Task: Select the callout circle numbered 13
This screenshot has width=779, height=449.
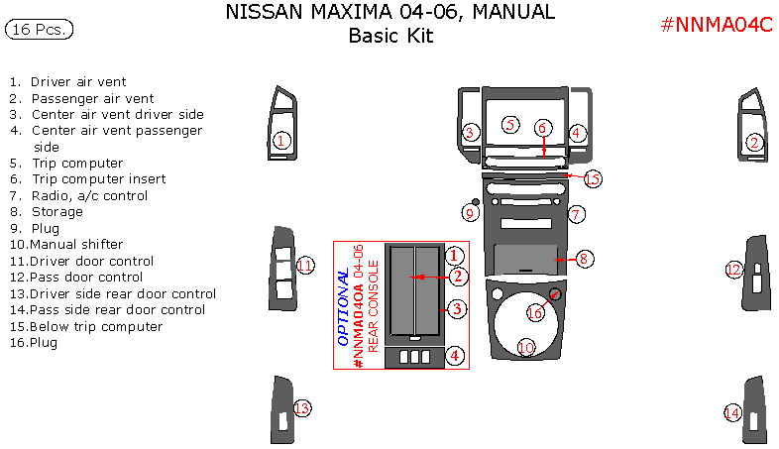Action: point(302,408)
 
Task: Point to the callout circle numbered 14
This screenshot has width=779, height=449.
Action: point(732,412)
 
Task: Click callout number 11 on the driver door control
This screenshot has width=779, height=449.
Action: point(305,266)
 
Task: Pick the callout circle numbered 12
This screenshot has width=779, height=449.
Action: point(734,269)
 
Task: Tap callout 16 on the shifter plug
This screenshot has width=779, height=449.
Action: point(535,312)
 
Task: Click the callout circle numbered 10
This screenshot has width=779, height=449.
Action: point(526,347)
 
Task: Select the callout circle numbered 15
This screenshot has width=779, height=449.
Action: point(592,179)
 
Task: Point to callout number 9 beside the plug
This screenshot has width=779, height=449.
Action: point(471,213)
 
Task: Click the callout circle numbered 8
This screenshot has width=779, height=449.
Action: point(585,259)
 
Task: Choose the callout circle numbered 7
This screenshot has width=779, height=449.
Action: point(577,214)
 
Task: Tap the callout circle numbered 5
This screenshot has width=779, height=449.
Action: point(510,125)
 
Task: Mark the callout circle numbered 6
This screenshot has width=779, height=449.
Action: point(542,128)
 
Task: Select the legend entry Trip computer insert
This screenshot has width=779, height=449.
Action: point(98,179)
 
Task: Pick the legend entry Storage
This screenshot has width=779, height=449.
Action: point(57,211)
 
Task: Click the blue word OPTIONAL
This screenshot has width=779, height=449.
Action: point(343,307)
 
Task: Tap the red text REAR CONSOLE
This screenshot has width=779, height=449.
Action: point(374,307)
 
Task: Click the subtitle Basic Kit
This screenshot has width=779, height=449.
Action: point(390,37)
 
